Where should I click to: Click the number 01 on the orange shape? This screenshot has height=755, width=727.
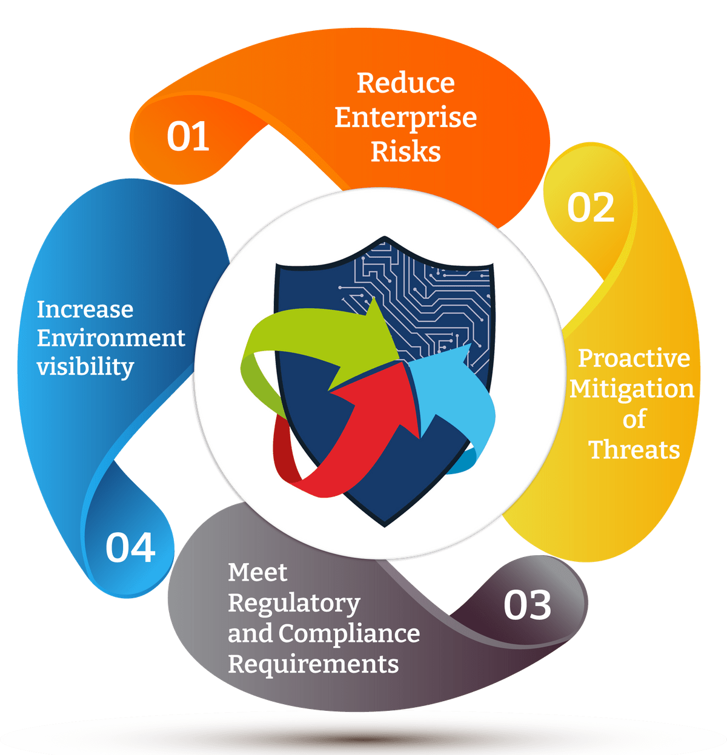[x=188, y=136]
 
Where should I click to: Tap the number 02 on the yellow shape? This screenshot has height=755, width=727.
[x=591, y=208]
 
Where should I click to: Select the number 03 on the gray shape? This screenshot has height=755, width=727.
[x=527, y=605]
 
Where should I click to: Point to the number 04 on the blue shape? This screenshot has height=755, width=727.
[x=130, y=548]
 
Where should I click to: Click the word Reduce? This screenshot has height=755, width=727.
[x=405, y=83]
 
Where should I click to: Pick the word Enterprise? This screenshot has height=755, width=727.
[x=405, y=118]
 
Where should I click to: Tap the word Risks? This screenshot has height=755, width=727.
[x=405, y=151]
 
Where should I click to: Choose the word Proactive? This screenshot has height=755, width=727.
[x=634, y=358]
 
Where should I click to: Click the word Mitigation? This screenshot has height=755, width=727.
[x=632, y=389]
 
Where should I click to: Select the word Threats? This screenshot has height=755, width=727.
[x=634, y=450]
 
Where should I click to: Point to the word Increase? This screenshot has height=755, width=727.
[x=85, y=309]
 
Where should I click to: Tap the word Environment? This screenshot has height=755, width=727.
[x=111, y=338]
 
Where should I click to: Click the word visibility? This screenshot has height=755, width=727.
[x=85, y=367]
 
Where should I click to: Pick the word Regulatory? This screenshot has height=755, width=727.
[x=294, y=604]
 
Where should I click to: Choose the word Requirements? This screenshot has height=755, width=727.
[x=313, y=664]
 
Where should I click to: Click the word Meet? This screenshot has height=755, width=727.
[x=257, y=572]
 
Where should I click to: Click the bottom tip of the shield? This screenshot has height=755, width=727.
[x=384, y=524]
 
